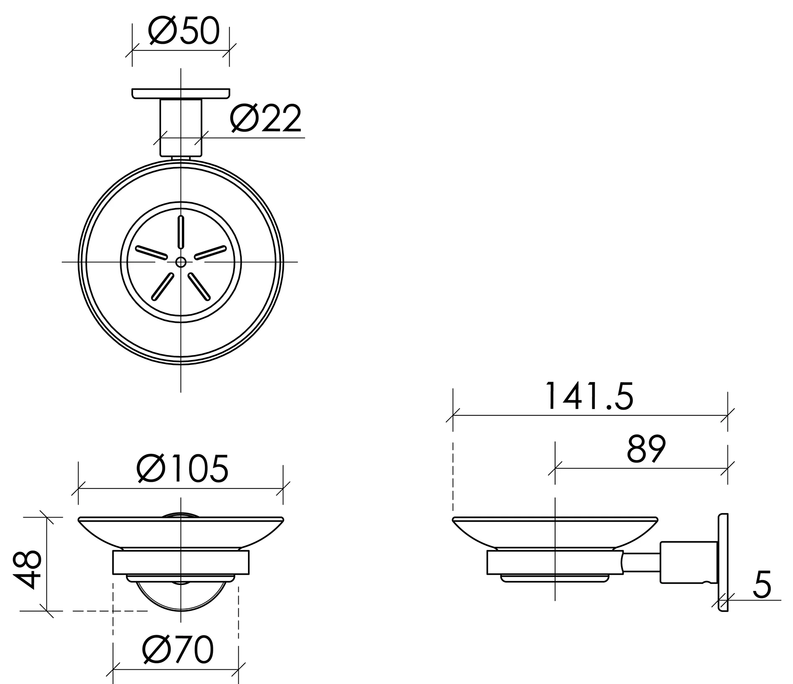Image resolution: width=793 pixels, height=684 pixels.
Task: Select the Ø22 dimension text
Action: click(x=266, y=118)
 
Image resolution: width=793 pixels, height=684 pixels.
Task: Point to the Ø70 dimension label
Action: click(x=178, y=649)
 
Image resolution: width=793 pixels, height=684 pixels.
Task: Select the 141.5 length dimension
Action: click(x=589, y=396)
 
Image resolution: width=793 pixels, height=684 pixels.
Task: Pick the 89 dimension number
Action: click(x=646, y=449)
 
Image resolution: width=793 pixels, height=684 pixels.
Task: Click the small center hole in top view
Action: click(x=181, y=262)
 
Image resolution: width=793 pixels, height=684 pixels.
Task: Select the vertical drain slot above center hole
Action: click(x=181, y=232)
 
